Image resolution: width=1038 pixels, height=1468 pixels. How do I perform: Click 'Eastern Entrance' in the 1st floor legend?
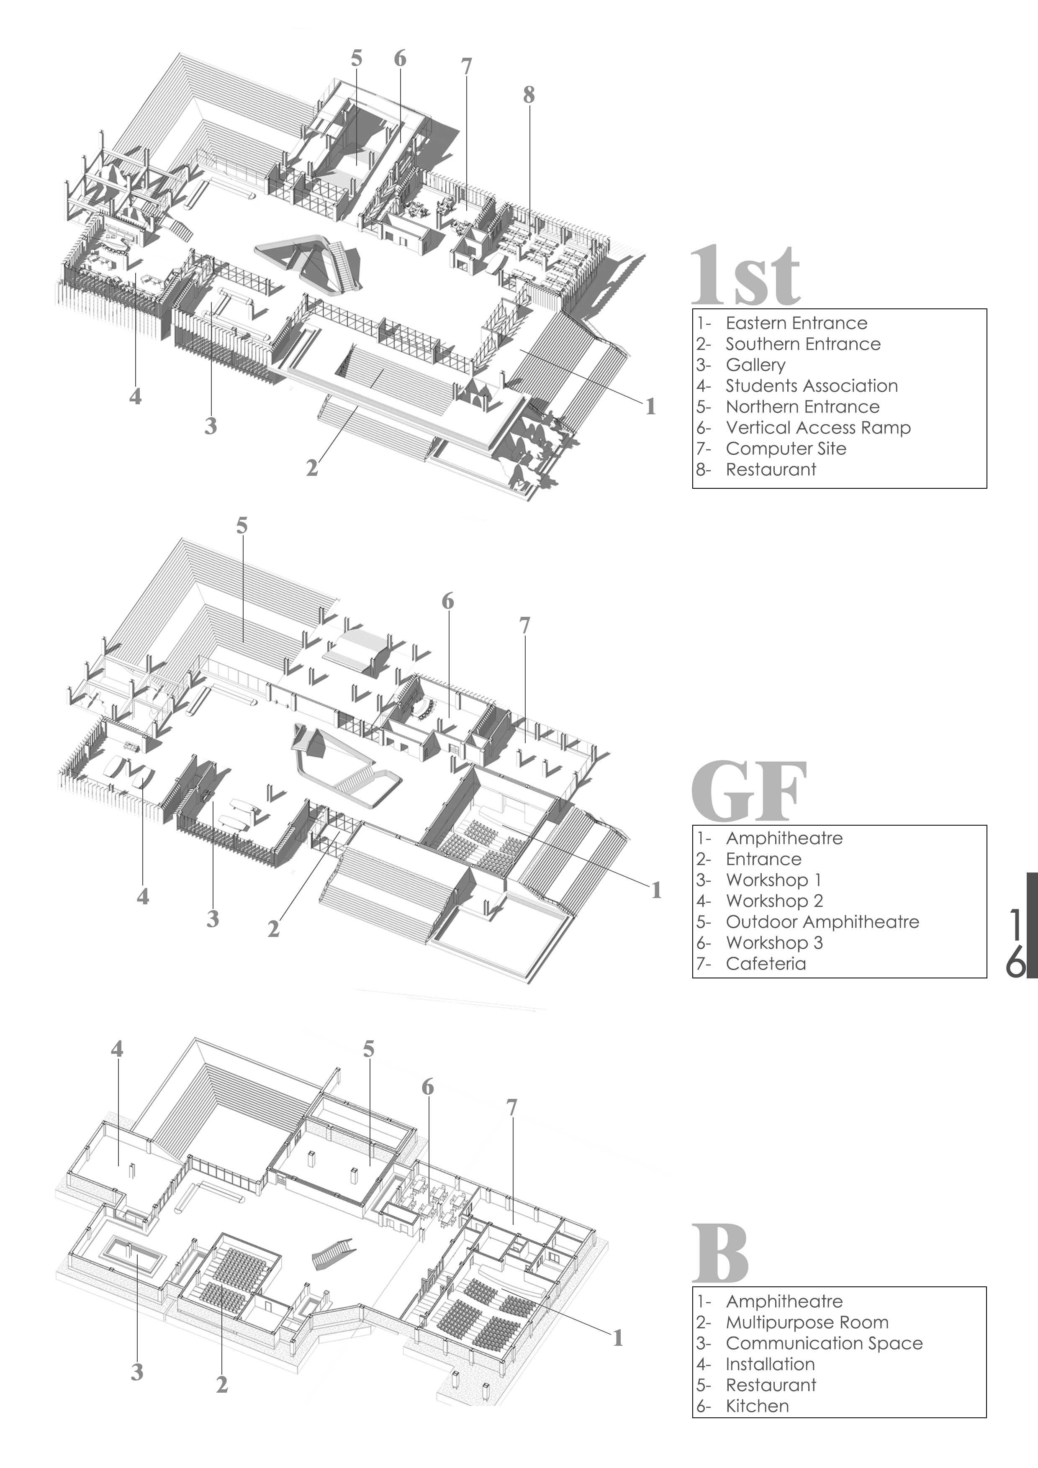click(x=796, y=323)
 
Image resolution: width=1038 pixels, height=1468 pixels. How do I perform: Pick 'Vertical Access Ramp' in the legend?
click(x=818, y=427)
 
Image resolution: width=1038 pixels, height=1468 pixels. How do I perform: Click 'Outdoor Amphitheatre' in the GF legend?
click(x=822, y=921)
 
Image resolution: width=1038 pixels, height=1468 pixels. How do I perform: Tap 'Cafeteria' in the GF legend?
click(x=766, y=964)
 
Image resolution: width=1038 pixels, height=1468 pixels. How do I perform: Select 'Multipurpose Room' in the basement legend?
click(x=807, y=1322)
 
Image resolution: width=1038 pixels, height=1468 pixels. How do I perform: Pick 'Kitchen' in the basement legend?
click(x=757, y=1406)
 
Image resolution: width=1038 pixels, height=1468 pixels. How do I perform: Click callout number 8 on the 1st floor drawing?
click(x=528, y=95)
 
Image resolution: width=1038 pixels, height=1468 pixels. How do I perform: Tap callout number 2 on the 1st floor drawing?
click(x=311, y=468)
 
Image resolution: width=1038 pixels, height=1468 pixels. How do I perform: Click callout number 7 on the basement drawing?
click(x=511, y=1107)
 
